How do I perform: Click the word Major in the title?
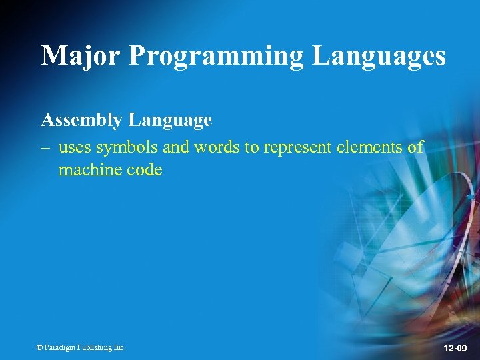[x=81, y=55]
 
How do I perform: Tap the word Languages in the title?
[x=379, y=57]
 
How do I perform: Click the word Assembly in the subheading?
[x=81, y=121]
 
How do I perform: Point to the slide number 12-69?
[x=455, y=349]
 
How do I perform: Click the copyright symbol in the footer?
[x=40, y=347]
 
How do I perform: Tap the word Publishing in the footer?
[x=95, y=347]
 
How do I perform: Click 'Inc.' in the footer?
[x=119, y=347]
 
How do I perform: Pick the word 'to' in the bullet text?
[x=252, y=147]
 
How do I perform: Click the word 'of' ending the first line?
[x=415, y=147]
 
